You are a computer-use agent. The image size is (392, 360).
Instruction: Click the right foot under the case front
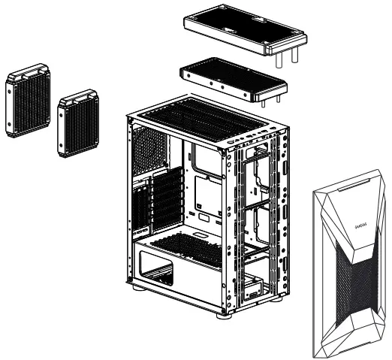(279, 298)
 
